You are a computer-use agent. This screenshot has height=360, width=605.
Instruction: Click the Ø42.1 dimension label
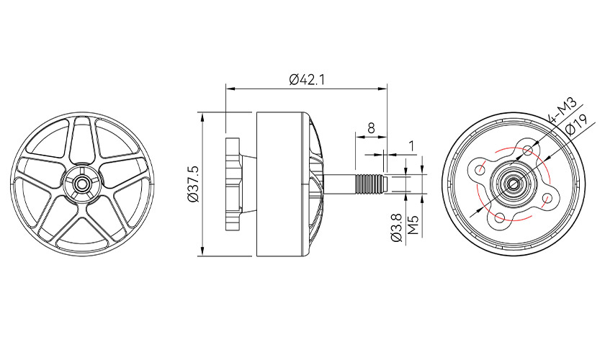pos(307,80)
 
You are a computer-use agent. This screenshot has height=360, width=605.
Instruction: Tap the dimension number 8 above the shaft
pos(371,127)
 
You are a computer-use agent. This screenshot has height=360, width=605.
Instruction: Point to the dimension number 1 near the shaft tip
pos(411,146)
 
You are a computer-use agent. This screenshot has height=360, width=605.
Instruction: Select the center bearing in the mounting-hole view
pos(514,184)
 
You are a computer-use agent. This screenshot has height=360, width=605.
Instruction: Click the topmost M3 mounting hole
pos(529,150)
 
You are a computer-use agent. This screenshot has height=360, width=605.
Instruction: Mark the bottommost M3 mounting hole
pos(499,217)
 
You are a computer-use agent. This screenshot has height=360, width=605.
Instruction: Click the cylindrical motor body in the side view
pos(284,184)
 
